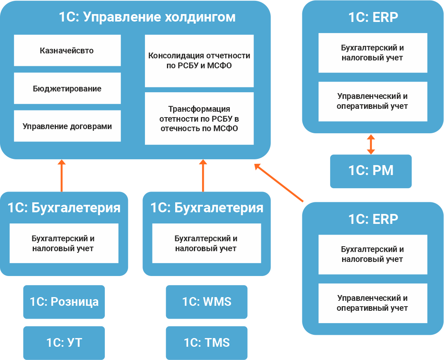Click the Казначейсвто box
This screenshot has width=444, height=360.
pyautogui.click(x=67, y=50)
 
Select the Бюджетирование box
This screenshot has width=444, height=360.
pyautogui.click(x=67, y=89)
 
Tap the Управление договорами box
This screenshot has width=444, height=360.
pyautogui.click(x=67, y=126)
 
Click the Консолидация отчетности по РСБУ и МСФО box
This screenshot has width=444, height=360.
pyautogui.click(x=199, y=61)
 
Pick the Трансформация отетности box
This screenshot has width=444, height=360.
pyautogui.click(x=199, y=119)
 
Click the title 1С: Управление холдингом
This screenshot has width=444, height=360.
pyautogui.click(x=147, y=17)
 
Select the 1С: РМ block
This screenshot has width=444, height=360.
pyautogui.click(x=371, y=171)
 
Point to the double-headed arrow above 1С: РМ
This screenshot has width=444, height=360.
pyautogui.click(x=371, y=144)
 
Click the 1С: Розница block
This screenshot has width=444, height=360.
pyautogui.click(x=64, y=302)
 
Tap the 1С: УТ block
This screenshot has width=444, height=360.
pyautogui.click(x=64, y=343)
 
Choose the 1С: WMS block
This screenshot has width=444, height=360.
pyautogui.click(x=207, y=302)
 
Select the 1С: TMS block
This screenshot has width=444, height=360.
pyautogui.click(x=207, y=343)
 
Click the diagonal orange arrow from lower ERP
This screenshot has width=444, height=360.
pyautogui.click(x=279, y=183)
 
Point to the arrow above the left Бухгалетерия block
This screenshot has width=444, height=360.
pyautogui.click(x=62, y=175)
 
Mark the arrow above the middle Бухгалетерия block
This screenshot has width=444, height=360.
pyautogui.click(x=203, y=175)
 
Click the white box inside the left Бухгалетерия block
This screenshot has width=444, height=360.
pyautogui.click(x=64, y=243)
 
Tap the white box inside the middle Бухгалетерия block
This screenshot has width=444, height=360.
pyautogui.click(x=206, y=243)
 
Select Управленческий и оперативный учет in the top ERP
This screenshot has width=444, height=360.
pyautogui.click(x=372, y=101)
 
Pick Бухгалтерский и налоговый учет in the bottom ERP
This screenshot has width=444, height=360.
pyautogui.click(x=372, y=254)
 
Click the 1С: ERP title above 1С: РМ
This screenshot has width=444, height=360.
pyautogui.click(x=373, y=17)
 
